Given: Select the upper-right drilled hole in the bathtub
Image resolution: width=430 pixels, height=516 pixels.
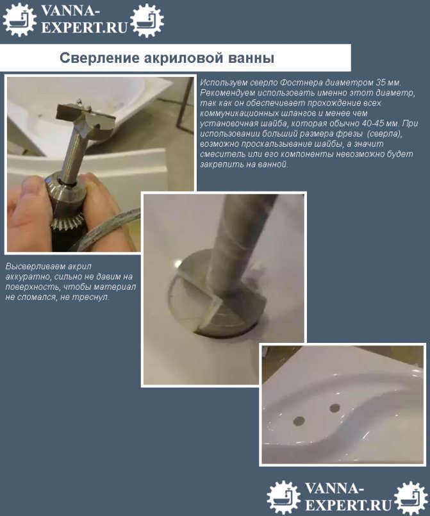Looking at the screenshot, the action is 335,408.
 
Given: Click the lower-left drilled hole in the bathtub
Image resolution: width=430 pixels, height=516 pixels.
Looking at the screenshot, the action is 299,420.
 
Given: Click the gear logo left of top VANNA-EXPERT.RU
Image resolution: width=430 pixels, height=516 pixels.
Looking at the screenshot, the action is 19,19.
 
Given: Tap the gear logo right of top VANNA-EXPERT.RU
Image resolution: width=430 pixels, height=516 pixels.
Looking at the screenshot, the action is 147,20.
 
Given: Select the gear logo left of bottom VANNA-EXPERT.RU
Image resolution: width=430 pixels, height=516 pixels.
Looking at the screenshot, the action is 284,497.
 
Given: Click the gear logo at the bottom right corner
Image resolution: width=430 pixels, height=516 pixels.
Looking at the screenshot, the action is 411,497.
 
